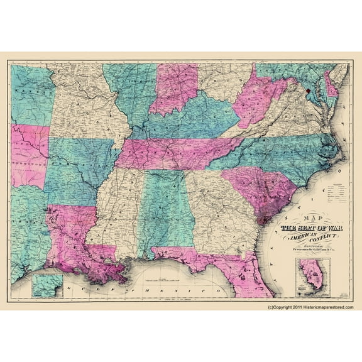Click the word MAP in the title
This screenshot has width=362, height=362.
coord(293,220)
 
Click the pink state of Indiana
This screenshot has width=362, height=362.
coord(172,88)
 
